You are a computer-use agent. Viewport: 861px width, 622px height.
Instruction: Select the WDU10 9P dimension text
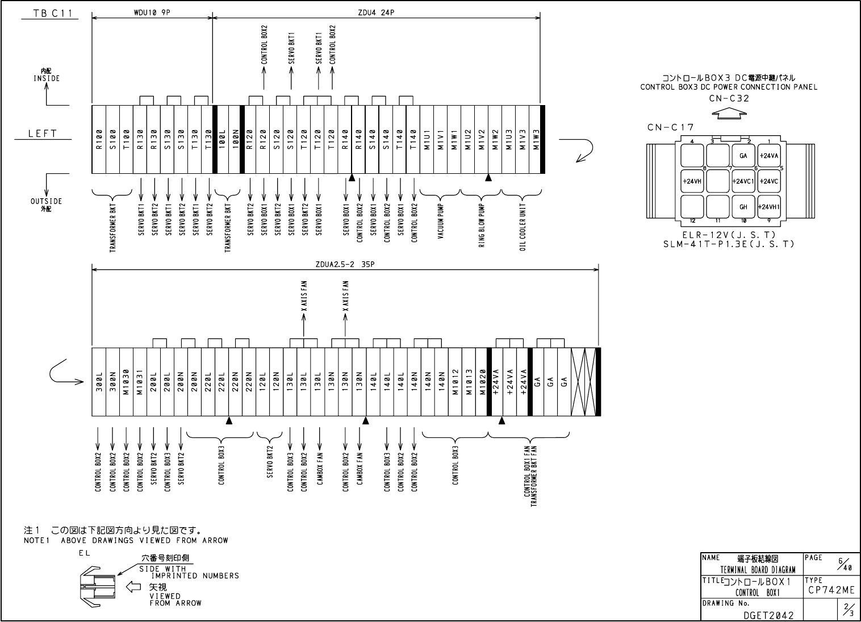point(151,12)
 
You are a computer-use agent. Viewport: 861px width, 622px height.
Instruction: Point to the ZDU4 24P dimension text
point(376,12)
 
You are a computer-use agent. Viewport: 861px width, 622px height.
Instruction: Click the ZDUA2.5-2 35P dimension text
point(345,264)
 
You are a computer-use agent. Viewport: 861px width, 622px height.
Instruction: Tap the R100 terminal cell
point(99,140)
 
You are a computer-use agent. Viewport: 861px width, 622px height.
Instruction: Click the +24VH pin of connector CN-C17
point(692,181)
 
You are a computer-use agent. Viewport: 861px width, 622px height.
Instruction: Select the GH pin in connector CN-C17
point(743,207)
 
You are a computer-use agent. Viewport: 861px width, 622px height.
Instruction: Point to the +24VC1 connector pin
point(743,181)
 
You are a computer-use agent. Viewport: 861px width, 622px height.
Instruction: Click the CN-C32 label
point(729,98)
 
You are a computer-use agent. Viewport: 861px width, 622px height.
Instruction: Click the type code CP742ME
point(831,590)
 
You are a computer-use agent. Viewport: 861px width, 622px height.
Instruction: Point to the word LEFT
point(43,133)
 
